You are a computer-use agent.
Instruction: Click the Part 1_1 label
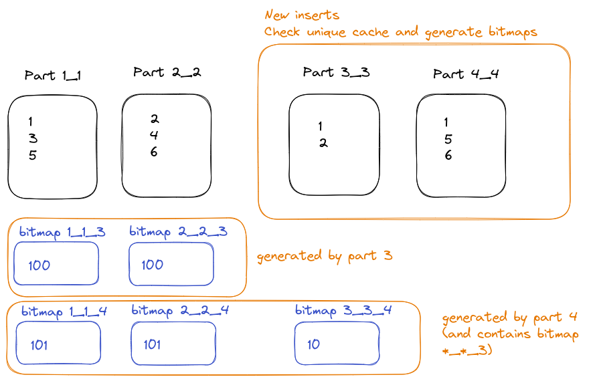[53, 76]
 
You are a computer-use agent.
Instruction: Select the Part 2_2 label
[167, 72]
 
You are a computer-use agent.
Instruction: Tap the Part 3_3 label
[336, 72]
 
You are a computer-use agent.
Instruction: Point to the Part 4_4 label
[466, 74]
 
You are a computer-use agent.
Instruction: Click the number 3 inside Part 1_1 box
[33, 138]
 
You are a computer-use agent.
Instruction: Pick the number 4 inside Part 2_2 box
[154, 135]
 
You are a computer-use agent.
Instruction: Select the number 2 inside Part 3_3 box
[323, 143]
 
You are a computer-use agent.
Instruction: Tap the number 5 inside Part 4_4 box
[448, 139]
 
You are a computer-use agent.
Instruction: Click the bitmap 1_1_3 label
[62, 232]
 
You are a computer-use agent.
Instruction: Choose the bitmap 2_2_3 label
[178, 231]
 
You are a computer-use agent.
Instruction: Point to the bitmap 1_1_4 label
[64, 312]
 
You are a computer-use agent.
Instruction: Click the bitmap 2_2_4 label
[180, 311]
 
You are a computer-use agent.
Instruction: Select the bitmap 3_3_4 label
[343, 311]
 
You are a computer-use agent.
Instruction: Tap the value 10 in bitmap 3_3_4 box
[313, 344]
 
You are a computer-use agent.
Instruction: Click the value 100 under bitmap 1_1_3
[39, 265]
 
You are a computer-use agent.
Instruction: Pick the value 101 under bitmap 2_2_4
[152, 344]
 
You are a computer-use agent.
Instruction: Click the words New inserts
[302, 15]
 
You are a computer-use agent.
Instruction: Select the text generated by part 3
[325, 257]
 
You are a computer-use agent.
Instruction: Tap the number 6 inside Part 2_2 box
[153, 152]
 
